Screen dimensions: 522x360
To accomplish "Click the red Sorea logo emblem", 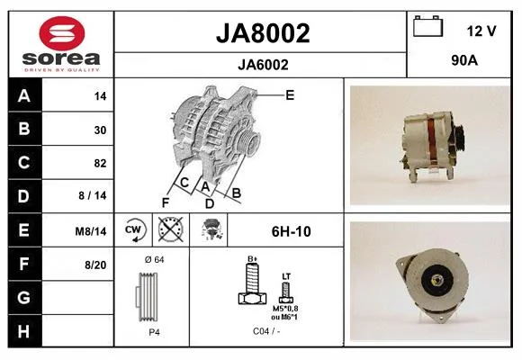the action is (62, 33).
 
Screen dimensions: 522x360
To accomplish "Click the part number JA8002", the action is (263, 33).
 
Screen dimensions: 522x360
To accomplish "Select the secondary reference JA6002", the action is (263, 65).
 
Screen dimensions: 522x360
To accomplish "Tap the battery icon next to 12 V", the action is (428, 26).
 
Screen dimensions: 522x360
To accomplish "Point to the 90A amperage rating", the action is (464, 60).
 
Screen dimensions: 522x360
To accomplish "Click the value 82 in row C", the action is (100, 163).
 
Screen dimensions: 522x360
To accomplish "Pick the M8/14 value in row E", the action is (91, 231).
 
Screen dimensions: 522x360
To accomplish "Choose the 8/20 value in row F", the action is (95, 265).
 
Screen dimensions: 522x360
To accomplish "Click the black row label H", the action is (24, 331).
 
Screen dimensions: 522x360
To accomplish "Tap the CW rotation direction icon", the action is (133, 229).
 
